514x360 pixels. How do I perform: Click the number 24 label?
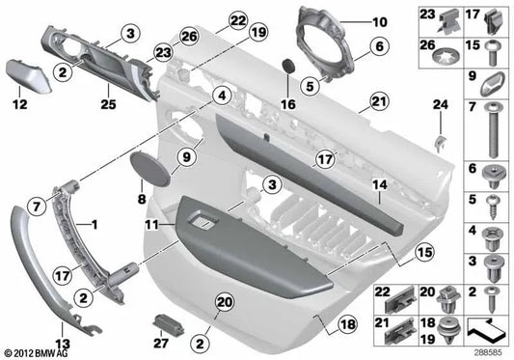click(x=441, y=103)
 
